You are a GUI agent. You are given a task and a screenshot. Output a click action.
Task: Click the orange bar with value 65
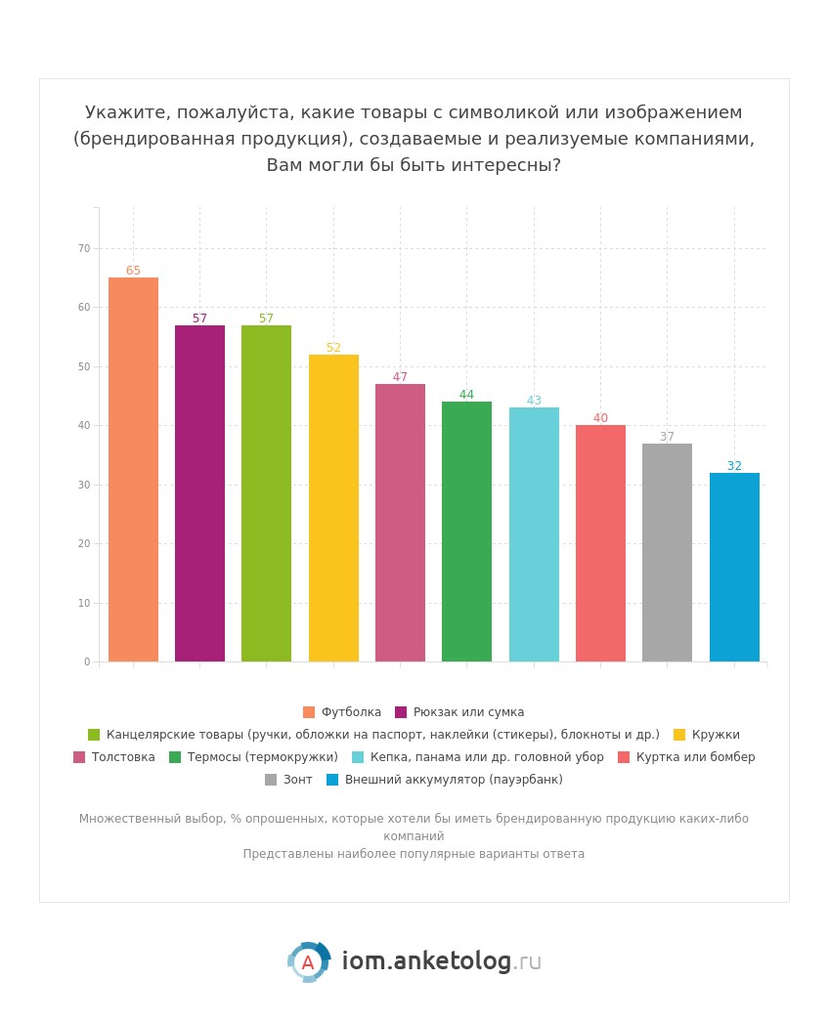tap(133, 469)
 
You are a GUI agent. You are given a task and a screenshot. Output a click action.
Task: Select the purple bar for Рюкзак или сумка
tap(199, 493)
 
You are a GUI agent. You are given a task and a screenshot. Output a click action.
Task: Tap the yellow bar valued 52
tap(333, 508)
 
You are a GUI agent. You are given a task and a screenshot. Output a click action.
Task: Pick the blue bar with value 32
tap(734, 567)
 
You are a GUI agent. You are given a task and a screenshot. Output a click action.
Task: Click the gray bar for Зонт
tap(667, 552)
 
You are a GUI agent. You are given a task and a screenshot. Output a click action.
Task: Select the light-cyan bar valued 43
tap(534, 534)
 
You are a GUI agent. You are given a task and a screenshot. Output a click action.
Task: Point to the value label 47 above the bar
tap(400, 377)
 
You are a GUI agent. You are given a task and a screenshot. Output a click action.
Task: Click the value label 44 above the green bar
tap(466, 395)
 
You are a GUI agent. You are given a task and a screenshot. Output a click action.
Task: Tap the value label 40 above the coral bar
tap(600, 418)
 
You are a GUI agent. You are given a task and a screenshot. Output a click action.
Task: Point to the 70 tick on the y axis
tap(84, 248)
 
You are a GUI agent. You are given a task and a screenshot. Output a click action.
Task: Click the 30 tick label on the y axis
tap(84, 485)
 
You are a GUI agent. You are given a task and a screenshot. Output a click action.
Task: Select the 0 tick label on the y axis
tap(87, 661)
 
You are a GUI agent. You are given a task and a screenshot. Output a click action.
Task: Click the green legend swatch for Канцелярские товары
tap(94, 735)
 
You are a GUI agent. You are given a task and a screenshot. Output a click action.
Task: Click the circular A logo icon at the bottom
tap(308, 962)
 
